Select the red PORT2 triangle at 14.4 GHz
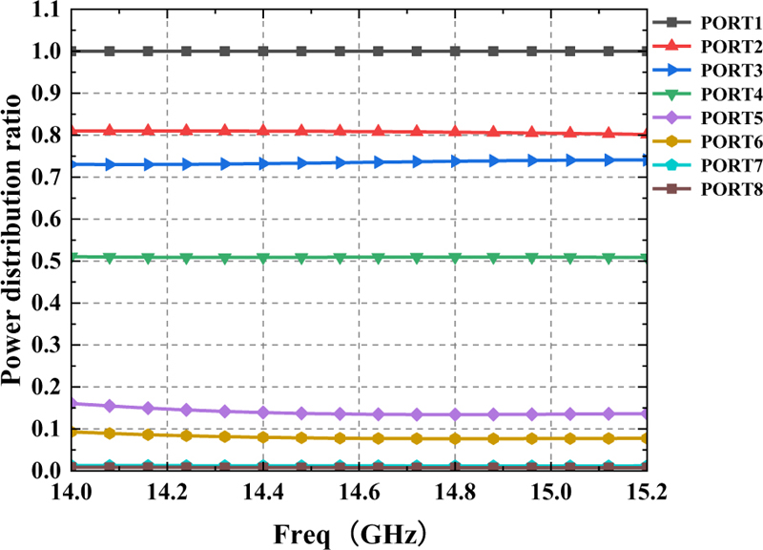(262, 131)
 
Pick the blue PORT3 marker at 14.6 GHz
(379, 162)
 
